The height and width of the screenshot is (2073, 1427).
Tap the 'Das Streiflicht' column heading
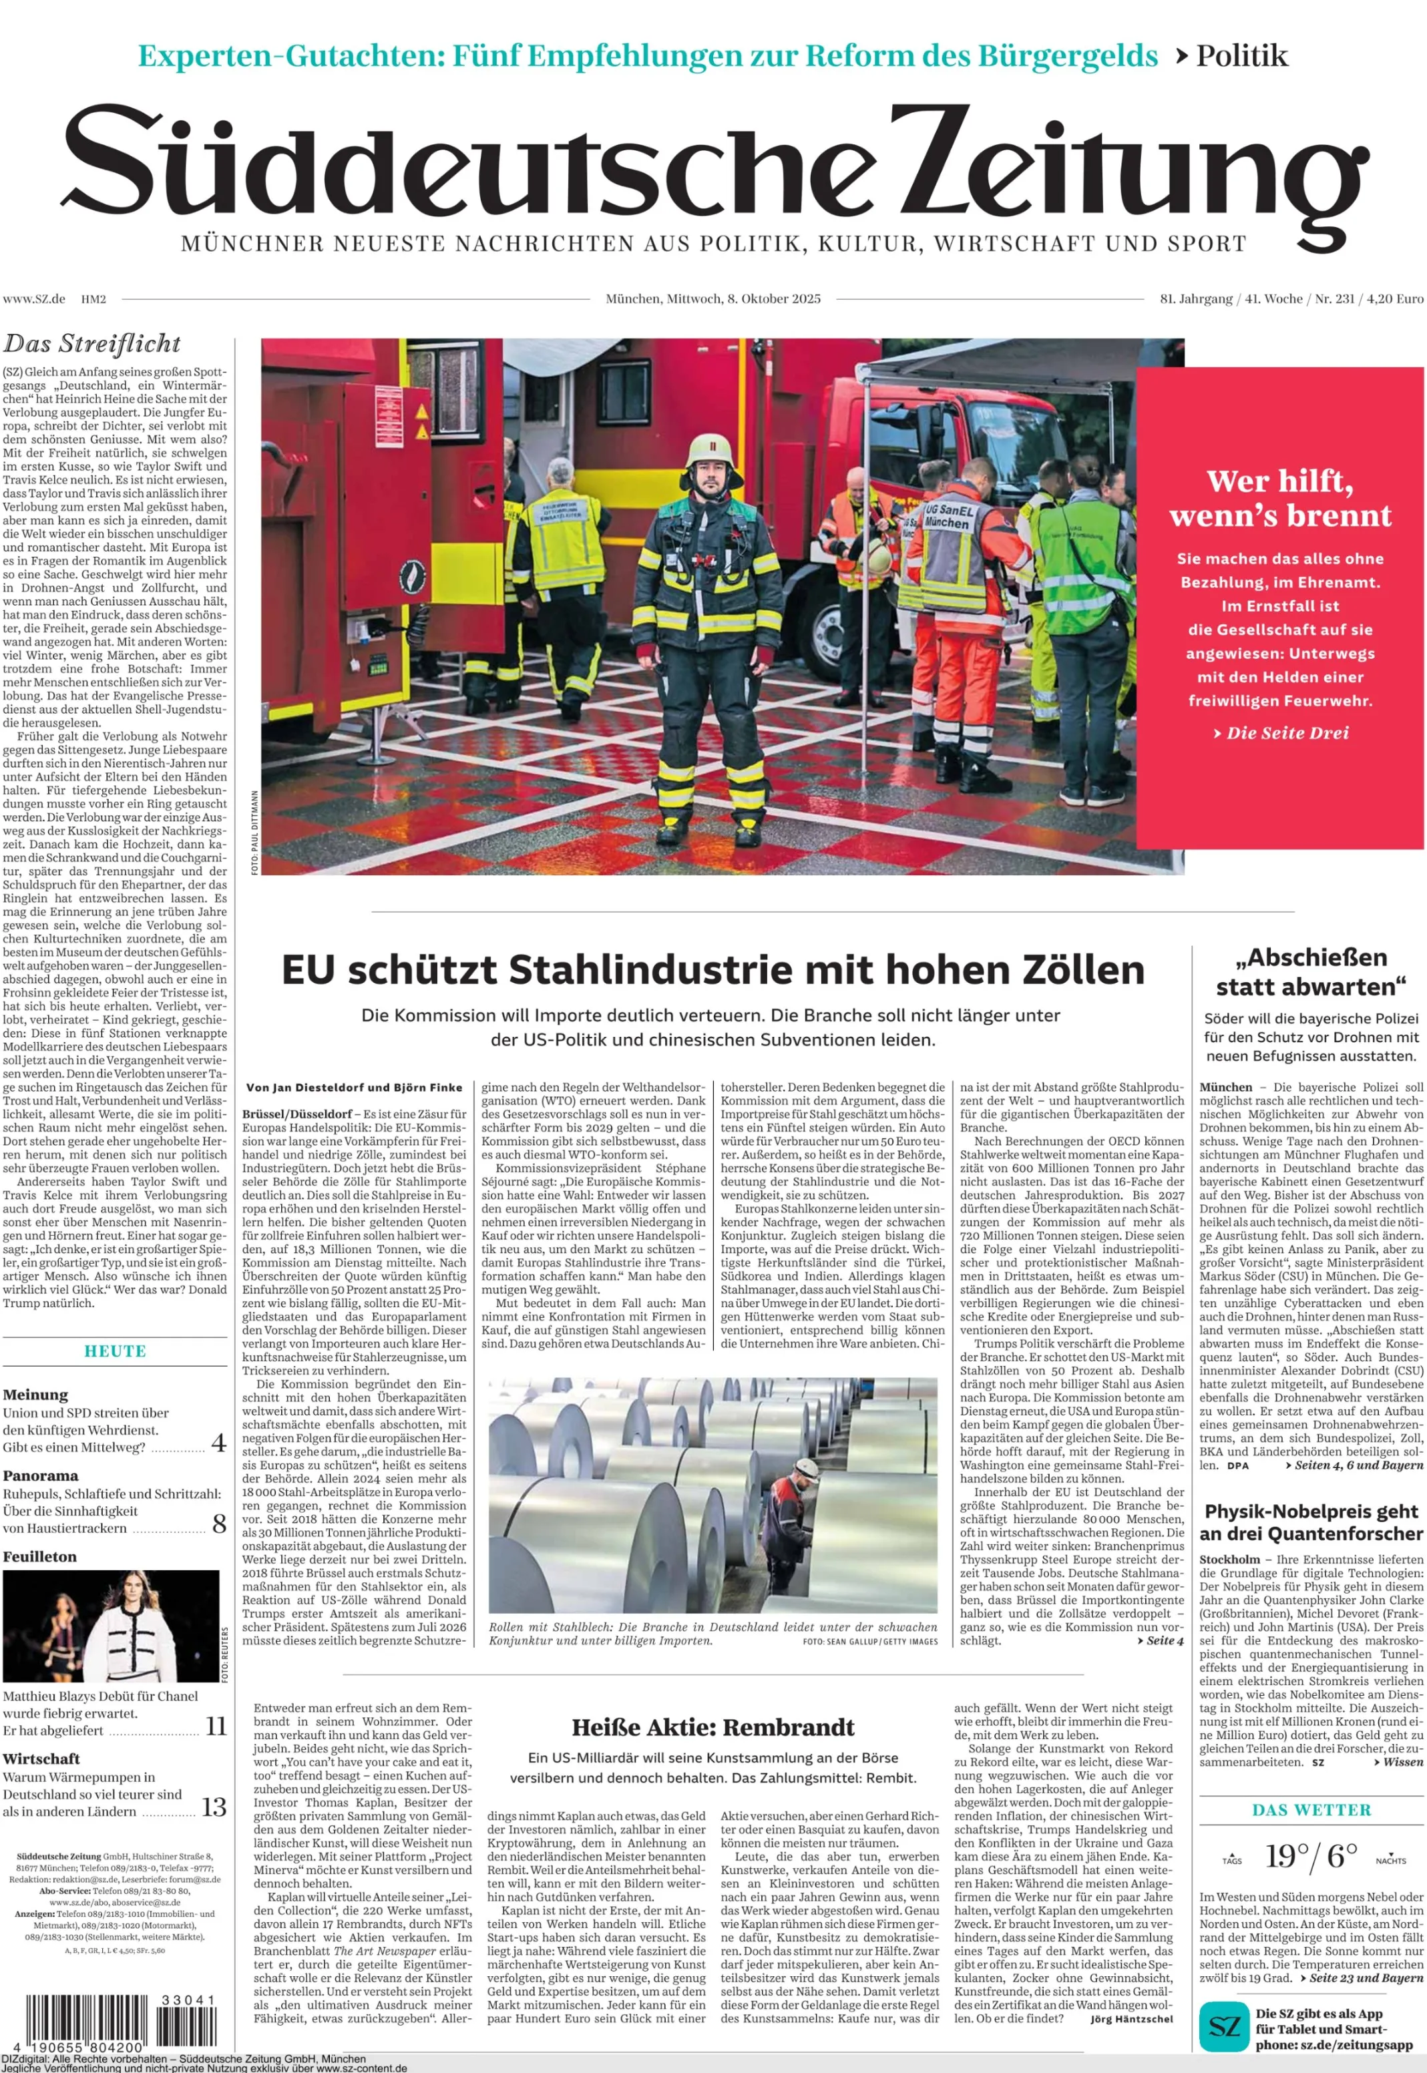91,344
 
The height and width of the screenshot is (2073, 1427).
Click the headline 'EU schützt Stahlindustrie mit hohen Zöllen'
712,970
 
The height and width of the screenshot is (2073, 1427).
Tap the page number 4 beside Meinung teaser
218,1442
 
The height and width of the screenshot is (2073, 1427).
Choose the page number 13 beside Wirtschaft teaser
214,1807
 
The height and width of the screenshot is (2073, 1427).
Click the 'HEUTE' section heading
116,1351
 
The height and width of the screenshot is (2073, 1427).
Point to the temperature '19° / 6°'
1311,1856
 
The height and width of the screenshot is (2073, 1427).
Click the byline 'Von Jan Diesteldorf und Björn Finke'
355,1088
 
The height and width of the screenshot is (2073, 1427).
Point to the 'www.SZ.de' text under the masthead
34,300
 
